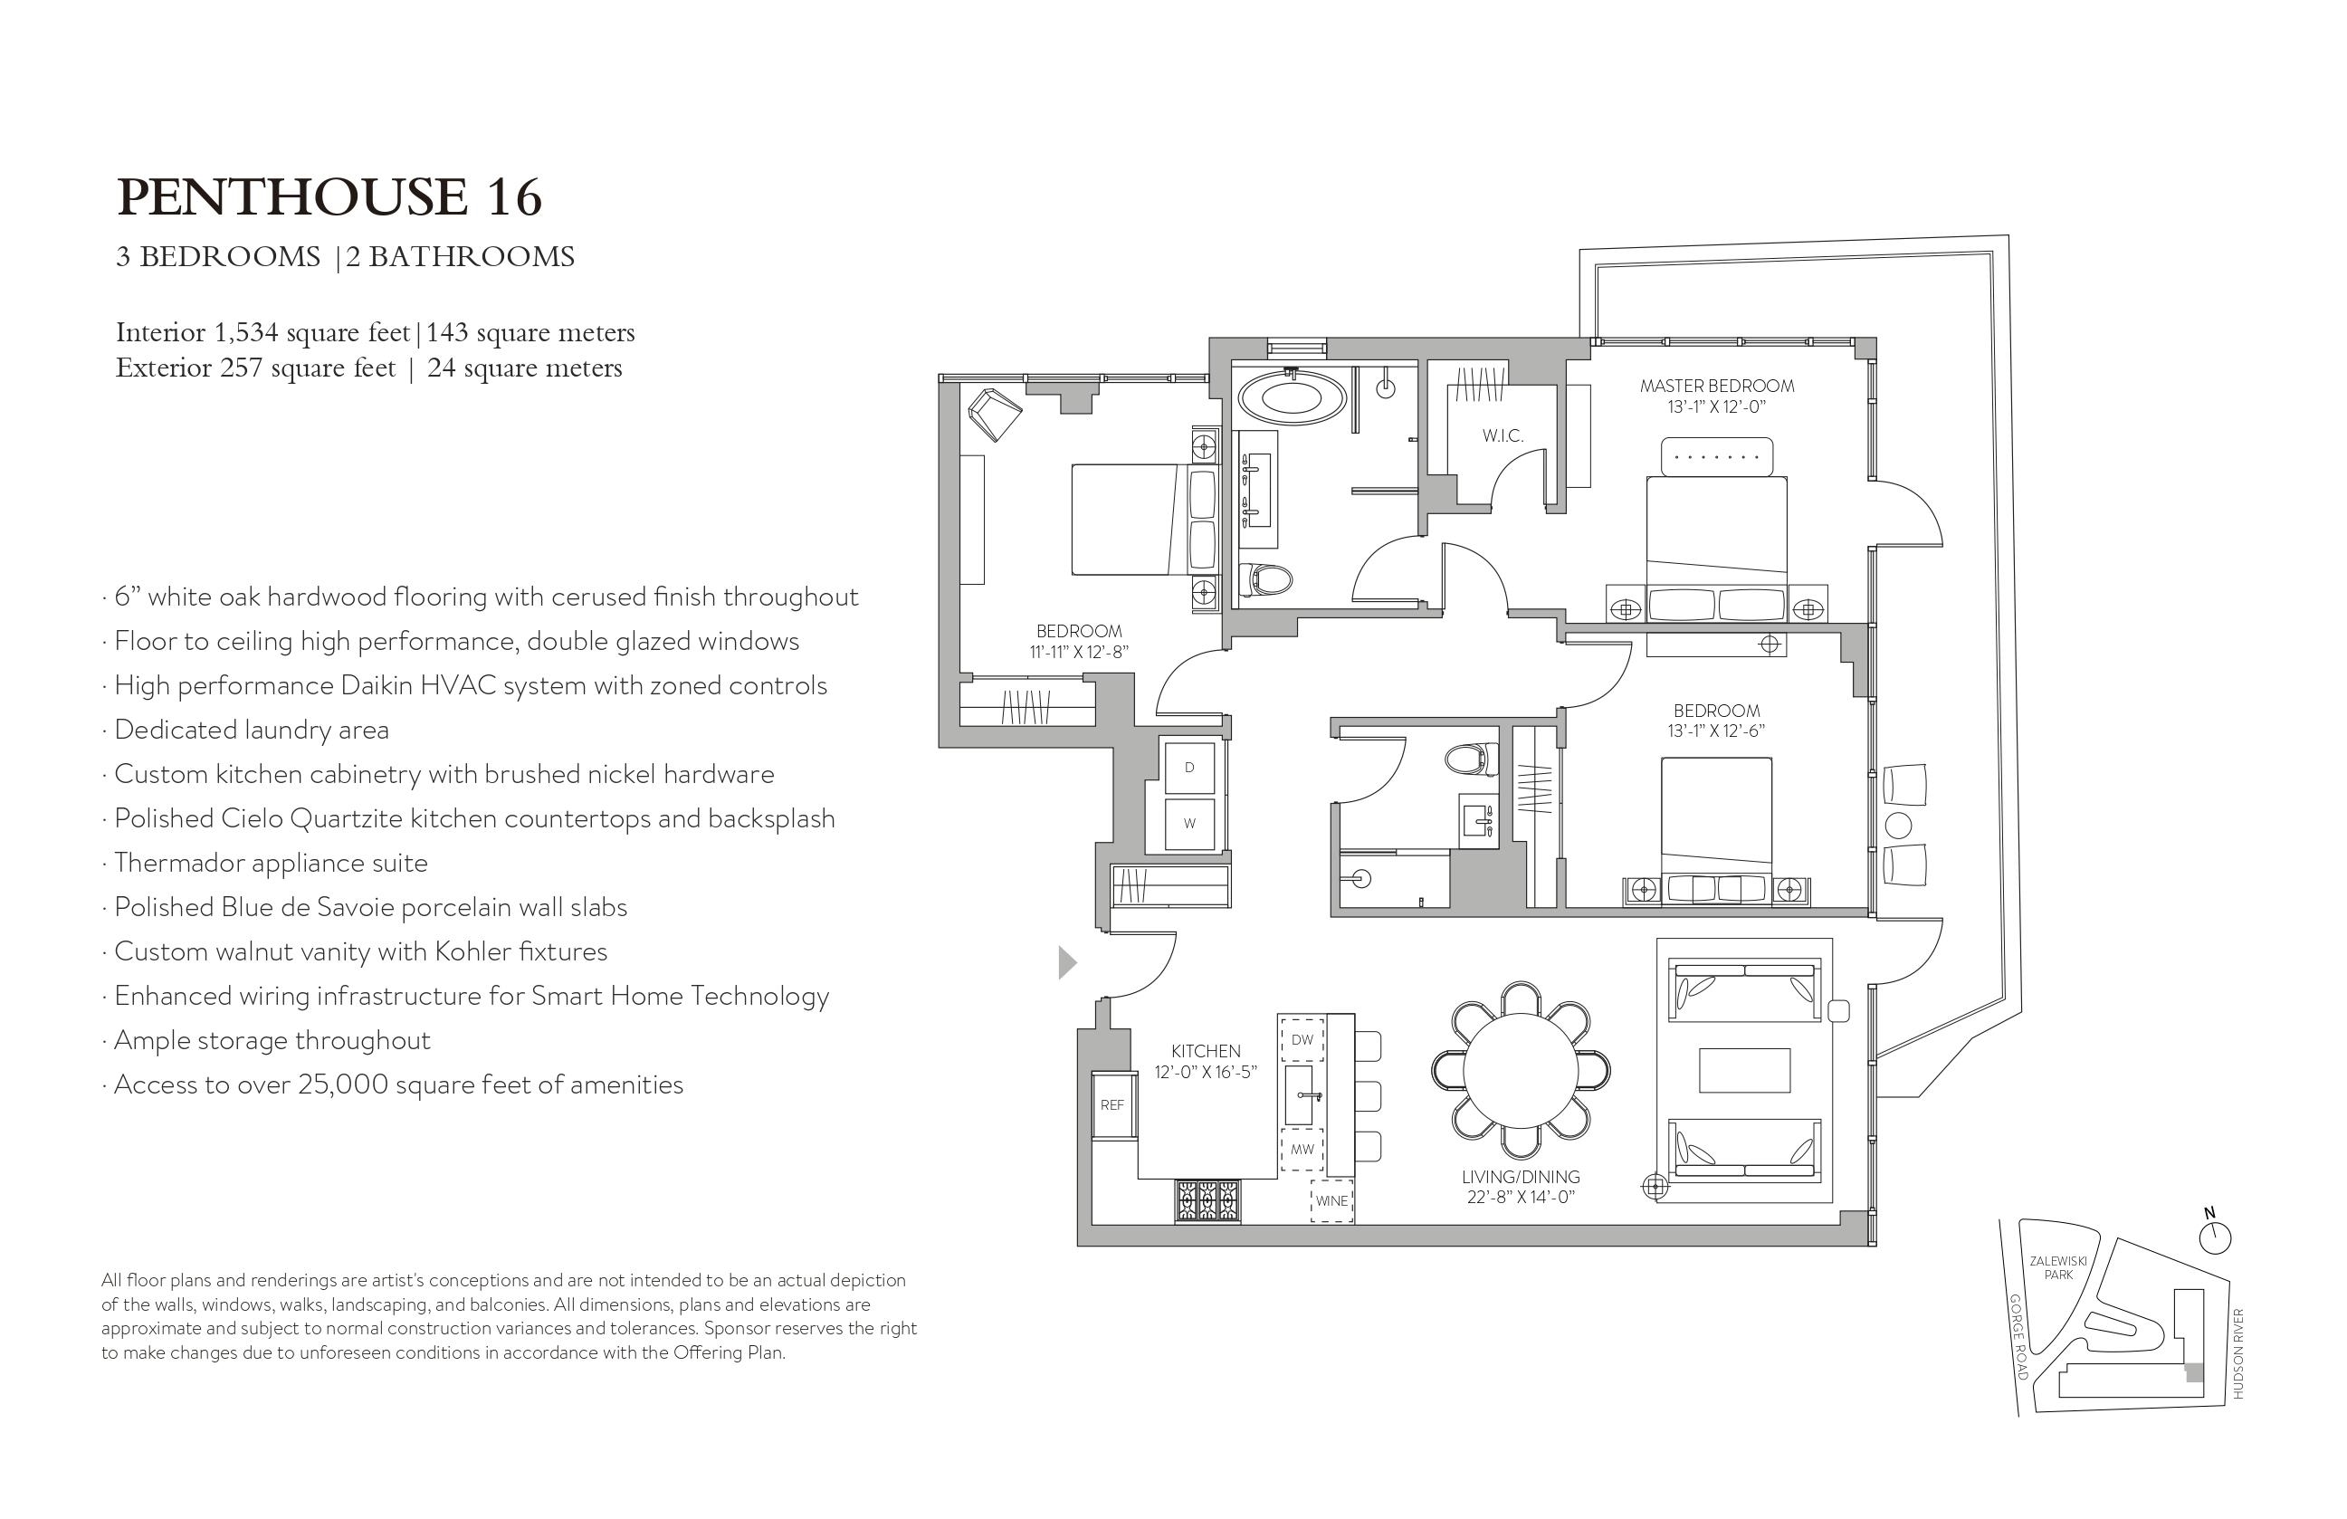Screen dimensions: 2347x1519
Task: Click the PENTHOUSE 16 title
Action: [x=329, y=197]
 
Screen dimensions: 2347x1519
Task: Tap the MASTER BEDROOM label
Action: [x=1717, y=386]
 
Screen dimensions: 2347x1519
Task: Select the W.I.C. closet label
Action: [x=1503, y=435]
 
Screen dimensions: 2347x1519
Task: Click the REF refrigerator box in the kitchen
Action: [x=1111, y=1104]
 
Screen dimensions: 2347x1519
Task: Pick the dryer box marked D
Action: [x=1189, y=768]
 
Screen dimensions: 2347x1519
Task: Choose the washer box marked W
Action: [x=1189, y=824]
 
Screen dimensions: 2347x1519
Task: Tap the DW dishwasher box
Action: [x=1302, y=1039]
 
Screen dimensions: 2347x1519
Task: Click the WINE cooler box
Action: [x=1331, y=1201]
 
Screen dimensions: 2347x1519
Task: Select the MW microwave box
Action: [x=1302, y=1150]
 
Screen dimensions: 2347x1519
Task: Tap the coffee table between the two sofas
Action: [x=1744, y=1070]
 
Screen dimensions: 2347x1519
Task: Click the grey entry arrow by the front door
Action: [x=1067, y=962]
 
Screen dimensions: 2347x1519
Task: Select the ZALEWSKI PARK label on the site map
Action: [x=2058, y=1267]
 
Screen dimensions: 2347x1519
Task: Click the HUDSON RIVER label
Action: [x=2237, y=1353]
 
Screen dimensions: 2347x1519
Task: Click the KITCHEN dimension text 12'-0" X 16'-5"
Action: [x=1206, y=1072]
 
